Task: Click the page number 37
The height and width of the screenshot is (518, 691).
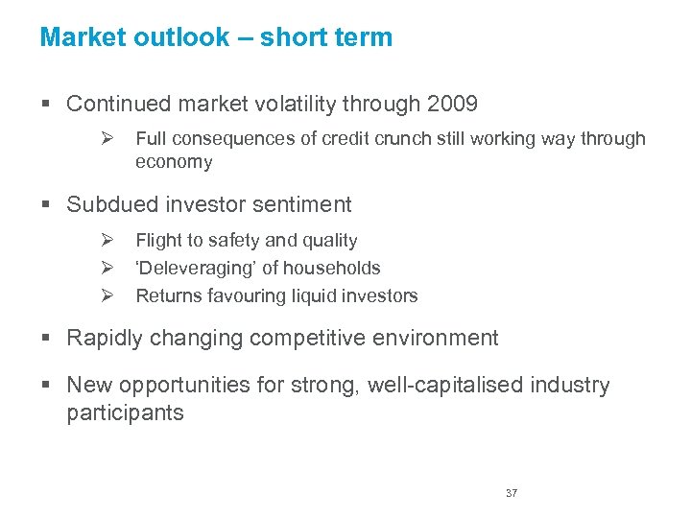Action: point(512,493)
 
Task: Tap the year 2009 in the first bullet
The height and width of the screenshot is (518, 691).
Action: point(450,104)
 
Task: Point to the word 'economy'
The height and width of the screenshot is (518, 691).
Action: point(174,162)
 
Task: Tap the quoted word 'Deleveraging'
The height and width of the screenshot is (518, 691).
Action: point(195,269)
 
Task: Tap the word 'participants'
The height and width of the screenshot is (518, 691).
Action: point(125,413)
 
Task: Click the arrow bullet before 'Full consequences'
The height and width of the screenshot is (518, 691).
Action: point(108,139)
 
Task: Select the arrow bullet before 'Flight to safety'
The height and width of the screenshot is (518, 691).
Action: point(108,241)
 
